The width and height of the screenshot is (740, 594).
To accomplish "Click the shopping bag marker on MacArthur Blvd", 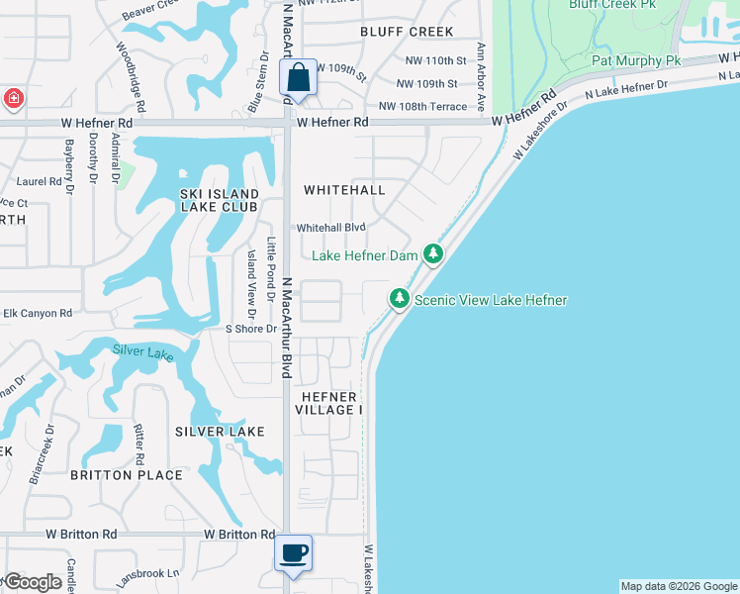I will click(x=299, y=78).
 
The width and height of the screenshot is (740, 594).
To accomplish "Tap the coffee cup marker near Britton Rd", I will click(x=294, y=553).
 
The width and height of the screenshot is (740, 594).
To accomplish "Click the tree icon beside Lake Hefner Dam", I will click(x=432, y=254).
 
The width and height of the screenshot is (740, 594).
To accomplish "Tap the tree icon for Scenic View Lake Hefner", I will click(x=399, y=298).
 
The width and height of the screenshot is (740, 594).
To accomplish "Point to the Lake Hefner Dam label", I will click(x=365, y=255).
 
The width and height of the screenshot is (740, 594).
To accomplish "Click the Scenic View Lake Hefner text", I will click(x=491, y=300).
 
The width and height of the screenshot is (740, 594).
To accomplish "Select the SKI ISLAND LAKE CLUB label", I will click(x=219, y=200).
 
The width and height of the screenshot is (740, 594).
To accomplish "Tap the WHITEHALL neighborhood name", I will click(x=344, y=189).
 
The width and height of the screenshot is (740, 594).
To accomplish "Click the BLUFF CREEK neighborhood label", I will click(x=408, y=32).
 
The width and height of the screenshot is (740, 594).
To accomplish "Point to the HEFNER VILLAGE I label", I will click(x=331, y=403).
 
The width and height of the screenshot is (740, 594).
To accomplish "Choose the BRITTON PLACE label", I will click(x=127, y=475).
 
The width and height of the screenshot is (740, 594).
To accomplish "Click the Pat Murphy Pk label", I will click(x=636, y=60).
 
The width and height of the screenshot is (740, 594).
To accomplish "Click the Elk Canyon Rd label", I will click(x=38, y=313).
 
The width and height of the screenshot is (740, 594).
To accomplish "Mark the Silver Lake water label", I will click(x=142, y=351).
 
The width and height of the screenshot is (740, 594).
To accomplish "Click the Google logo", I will click(x=32, y=582).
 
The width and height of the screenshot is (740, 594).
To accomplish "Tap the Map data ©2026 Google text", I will click(x=679, y=586).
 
